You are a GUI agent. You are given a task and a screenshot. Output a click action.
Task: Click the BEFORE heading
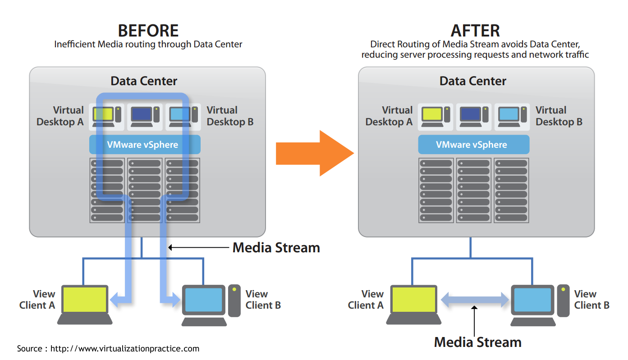point(148,31)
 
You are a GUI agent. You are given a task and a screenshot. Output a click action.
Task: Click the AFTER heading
point(475,31)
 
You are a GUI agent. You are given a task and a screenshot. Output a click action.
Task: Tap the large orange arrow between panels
point(315,153)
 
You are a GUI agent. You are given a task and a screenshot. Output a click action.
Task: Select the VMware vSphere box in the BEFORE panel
point(145,145)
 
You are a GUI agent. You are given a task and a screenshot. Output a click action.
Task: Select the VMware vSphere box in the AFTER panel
point(473,145)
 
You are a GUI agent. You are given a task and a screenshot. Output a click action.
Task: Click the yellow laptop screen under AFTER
point(413,300)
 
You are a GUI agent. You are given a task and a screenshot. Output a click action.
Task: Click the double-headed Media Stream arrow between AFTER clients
point(475,300)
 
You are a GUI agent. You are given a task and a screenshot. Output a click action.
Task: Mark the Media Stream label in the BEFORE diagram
point(276,247)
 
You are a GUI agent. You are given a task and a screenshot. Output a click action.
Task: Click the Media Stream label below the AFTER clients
point(477,342)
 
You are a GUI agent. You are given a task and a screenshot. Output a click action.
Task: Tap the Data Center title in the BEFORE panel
point(144,81)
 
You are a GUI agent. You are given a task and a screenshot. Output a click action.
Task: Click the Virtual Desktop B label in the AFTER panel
point(559,116)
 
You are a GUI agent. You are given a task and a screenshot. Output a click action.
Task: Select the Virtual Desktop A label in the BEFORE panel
point(60,116)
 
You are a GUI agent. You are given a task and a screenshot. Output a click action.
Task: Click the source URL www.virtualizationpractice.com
point(124,349)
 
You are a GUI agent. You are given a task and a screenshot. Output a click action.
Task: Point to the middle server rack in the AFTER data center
point(473,190)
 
